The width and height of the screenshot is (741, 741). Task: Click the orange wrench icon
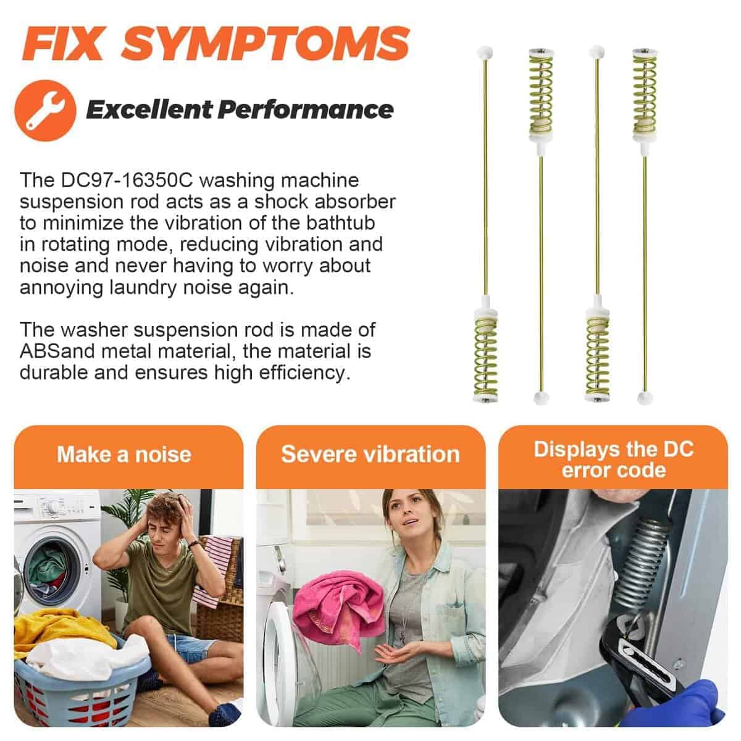tap(45, 111)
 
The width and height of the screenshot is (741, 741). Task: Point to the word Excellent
tap(149, 109)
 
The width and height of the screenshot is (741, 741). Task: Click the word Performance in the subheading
tap(306, 109)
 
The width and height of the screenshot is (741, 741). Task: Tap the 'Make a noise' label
tap(124, 454)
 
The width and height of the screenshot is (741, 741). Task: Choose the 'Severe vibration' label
tap(371, 454)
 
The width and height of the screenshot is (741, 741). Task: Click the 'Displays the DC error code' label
tap(614, 459)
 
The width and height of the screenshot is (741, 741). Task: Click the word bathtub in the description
tap(340, 223)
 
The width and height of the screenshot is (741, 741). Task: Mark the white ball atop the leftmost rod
tap(485, 52)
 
